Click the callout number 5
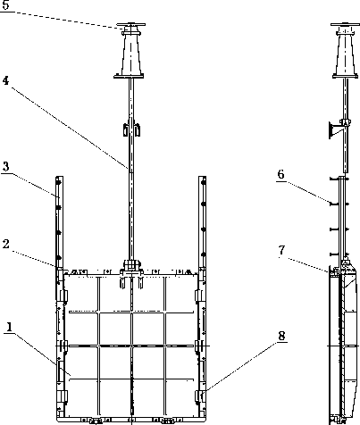click(x=5, y=5)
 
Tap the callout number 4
click(x=5, y=81)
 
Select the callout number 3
click(x=5, y=166)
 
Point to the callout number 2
click(x=5, y=245)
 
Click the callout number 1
click(x=9, y=327)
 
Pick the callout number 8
click(x=281, y=336)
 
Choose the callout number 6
click(x=280, y=174)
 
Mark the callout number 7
click(x=282, y=250)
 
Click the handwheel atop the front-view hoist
click(x=131, y=25)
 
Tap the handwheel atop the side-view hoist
click(x=344, y=25)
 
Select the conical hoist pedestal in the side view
click(x=345, y=54)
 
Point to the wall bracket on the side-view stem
click(x=334, y=129)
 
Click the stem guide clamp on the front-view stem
click(x=131, y=129)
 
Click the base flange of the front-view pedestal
click(x=129, y=77)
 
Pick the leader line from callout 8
click(x=241, y=367)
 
